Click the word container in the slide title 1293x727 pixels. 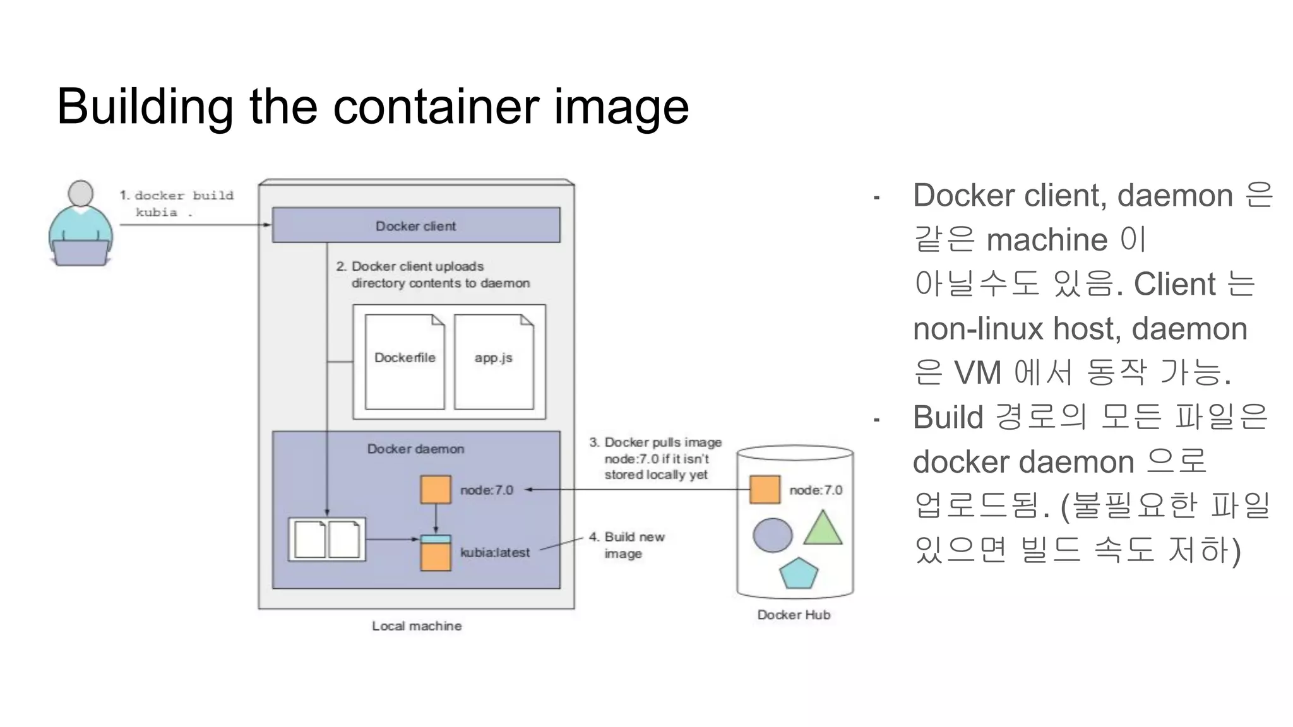coord(436,107)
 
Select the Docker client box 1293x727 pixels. coord(415,225)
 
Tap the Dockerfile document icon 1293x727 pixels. coord(405,362)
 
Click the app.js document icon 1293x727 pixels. coord(494,362)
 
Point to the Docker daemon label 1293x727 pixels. coord(415,449)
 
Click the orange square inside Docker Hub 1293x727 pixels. coord(765,490)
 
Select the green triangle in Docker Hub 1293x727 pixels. coord(823,529)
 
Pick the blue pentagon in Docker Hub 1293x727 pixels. coord(798,573)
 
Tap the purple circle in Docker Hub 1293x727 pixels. coord(772,535)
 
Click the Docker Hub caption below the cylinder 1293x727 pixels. coord(794,615)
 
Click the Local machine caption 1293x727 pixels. coord(417,626)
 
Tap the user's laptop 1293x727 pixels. coord(80,252)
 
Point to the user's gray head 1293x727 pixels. coord(81,193)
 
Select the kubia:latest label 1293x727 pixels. coord(495,553)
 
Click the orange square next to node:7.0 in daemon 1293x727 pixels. coord(436,490)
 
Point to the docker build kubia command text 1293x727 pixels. coord(177,204)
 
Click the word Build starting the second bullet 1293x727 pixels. coord(948,418)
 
